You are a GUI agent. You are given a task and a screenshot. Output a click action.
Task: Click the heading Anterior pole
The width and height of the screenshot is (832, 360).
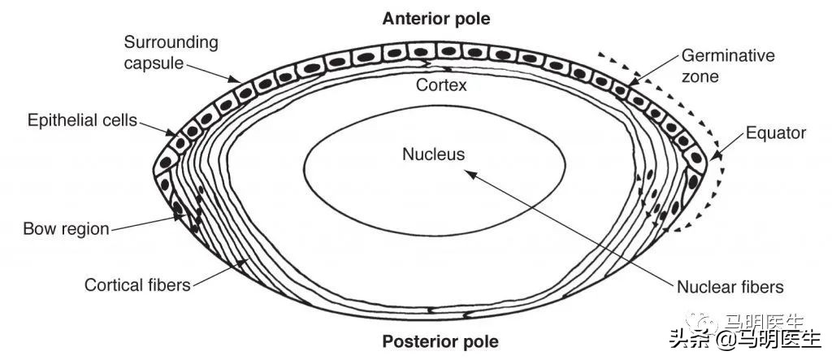tap(437, 17)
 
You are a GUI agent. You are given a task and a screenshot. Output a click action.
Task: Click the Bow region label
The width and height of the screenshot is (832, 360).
tap(66, 228)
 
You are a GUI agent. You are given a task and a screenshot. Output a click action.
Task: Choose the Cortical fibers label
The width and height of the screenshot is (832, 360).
tap(137, 285)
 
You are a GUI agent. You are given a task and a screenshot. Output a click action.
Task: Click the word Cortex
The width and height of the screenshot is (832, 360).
tap(441, 84)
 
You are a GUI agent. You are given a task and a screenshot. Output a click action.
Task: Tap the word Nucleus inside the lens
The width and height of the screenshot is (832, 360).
tap(433, 154)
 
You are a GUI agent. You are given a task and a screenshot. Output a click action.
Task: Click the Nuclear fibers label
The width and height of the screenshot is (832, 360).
tap(730, 287)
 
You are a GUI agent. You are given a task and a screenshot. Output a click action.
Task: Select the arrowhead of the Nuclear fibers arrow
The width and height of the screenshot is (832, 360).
tap(467, 171)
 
